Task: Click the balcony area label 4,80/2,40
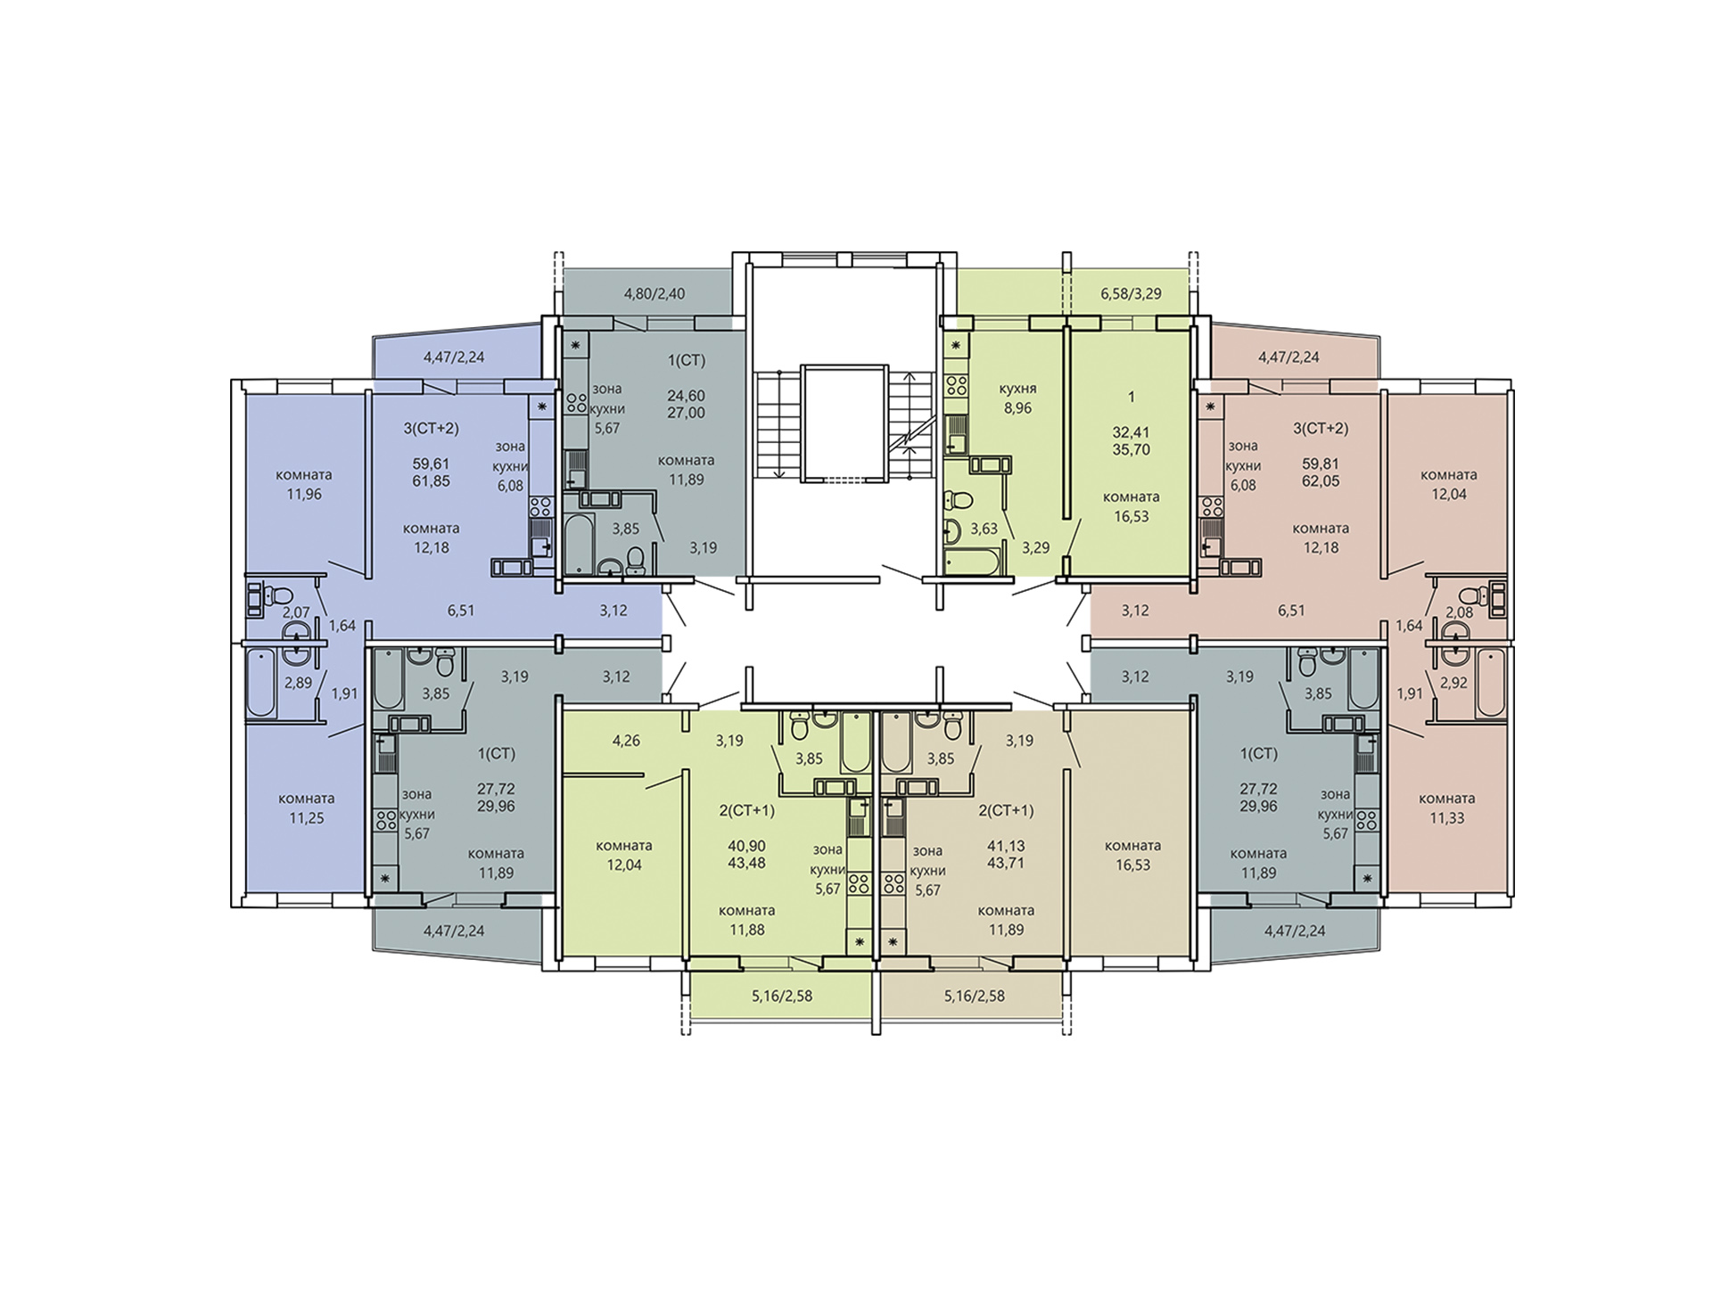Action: pyautogui.click(x=654, y=293)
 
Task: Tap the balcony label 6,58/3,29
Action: pyautogui.click(x=1131, y=293)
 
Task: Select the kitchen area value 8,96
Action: pyautogui.click(x=1017, y=408)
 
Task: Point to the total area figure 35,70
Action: pyautogui.click(x=1131, y=449)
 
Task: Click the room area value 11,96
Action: pyautogui.click(x=304, y=494)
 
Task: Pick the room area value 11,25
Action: pyautogui.click(x=307, y=817)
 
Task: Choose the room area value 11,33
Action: pyautogui.click(x=1446, y=817)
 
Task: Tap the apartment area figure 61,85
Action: pyautogui.click(x=431, y=481)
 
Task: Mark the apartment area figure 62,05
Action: pyautogui.click(x=1321, y=481)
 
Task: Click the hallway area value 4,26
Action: pyautogui.click(x=626, y=740)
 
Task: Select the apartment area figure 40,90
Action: pyautogui.click(x=746, y=846)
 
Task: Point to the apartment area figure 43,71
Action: pyautogui.click(x=1006, y=863)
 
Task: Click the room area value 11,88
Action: pyautogui.click(x=746, y=930)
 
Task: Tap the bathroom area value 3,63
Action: pyautogui.click(x=984, y=529)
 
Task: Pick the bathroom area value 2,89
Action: pyautogui.click(x=298, y=683)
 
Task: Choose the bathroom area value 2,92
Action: pyautogui.click(x=1453, y=683)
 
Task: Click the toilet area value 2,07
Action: pyautogui.click(x=296, y=612)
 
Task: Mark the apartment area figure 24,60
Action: pyautogui.click(x=686, y=396)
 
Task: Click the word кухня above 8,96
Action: pyautogui.click(x=1017, y=389)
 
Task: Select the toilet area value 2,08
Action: pyautogui.click(x=1459, y=612)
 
